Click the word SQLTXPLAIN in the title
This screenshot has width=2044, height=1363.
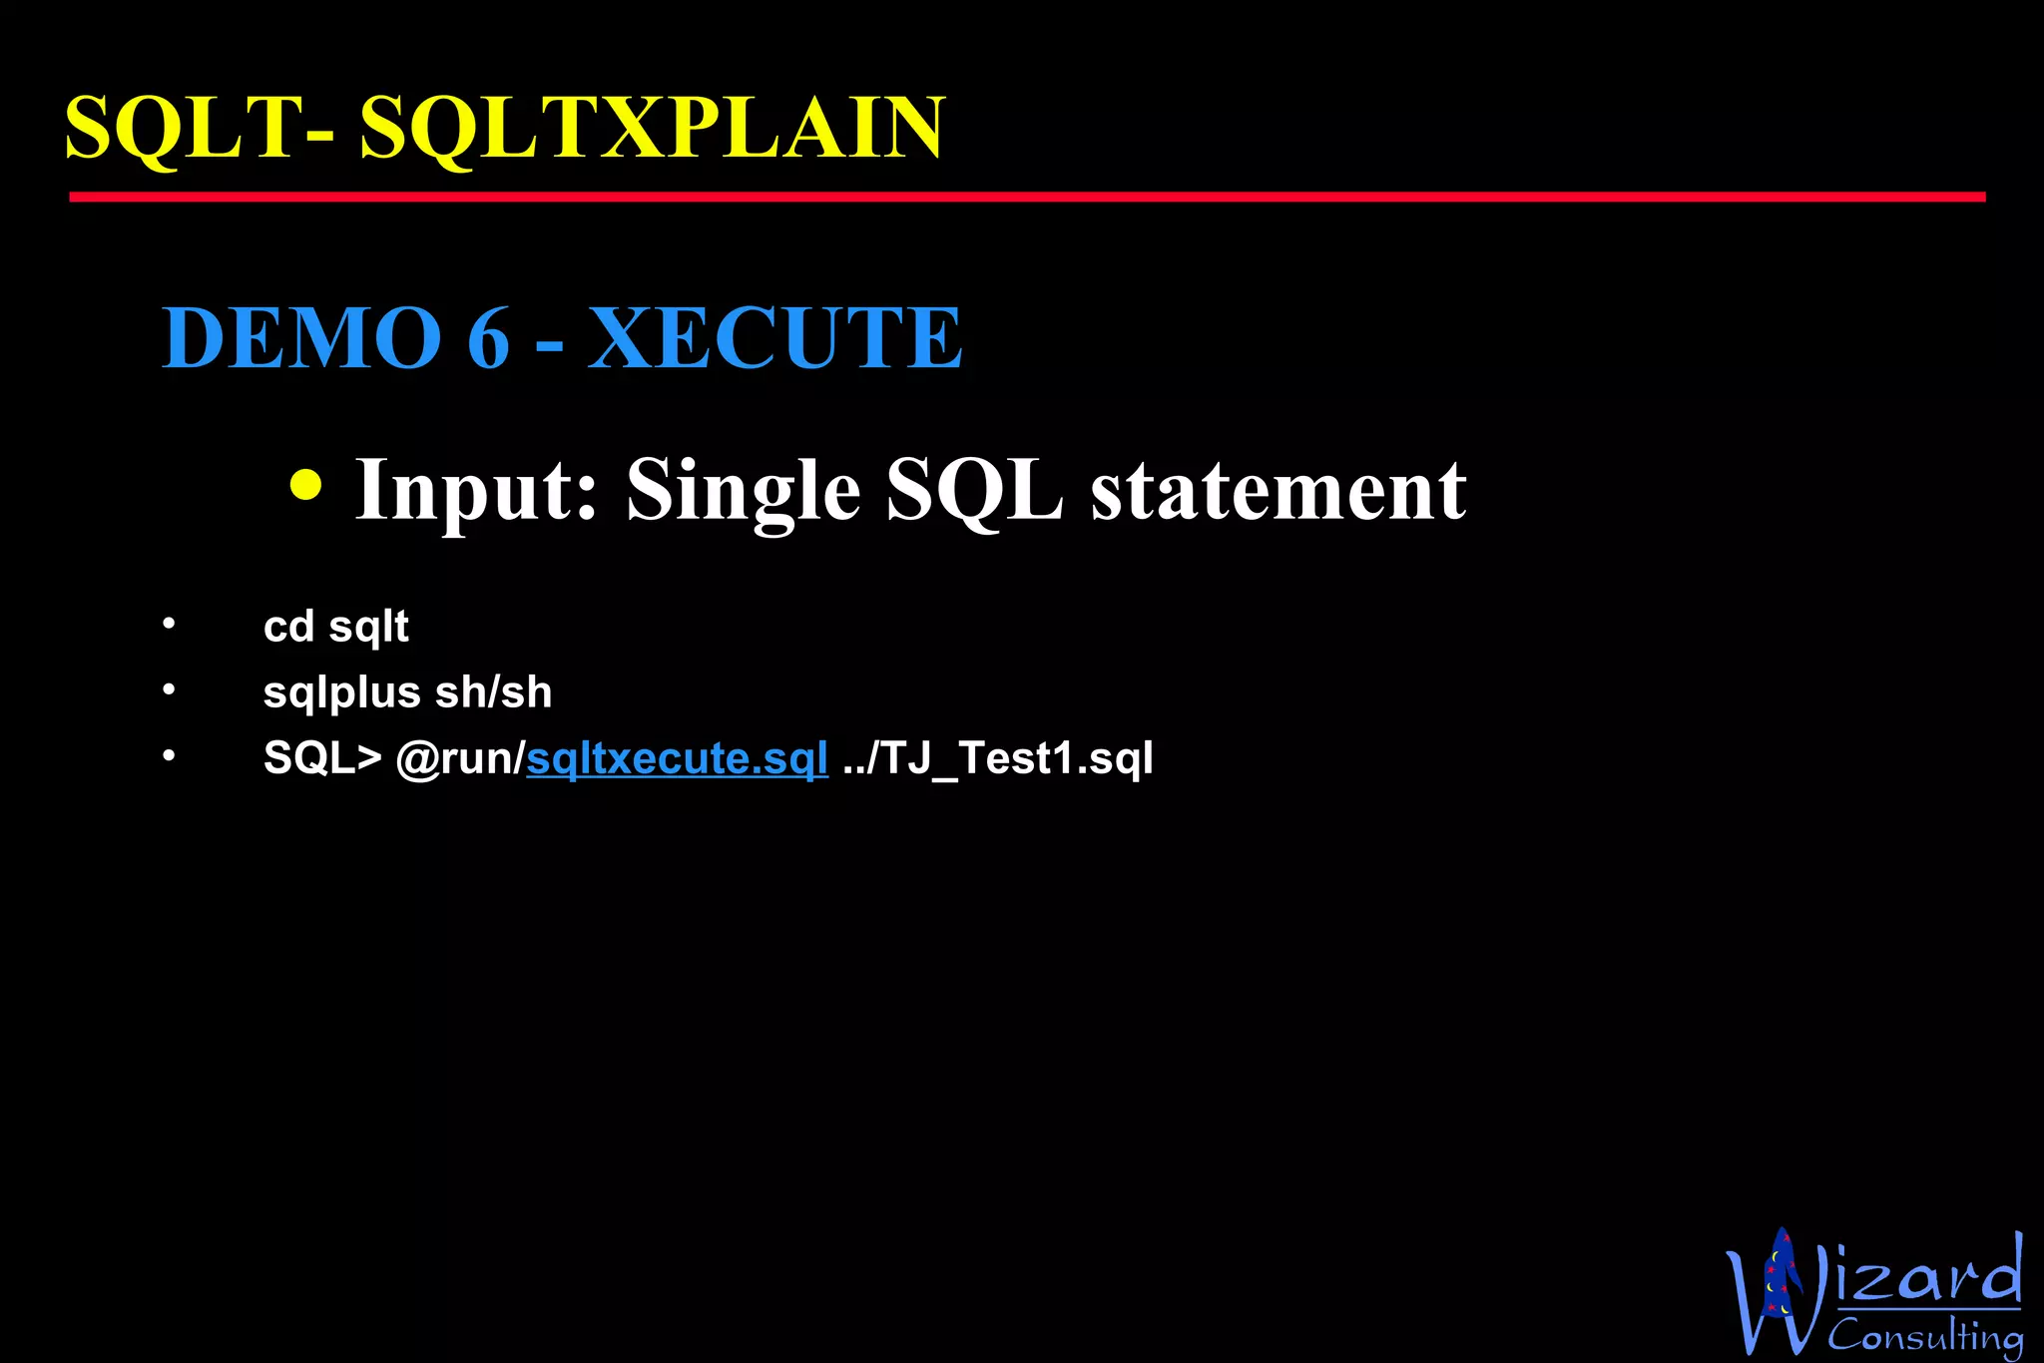652,128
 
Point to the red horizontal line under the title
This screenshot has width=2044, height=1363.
1026,198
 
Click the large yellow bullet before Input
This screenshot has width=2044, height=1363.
305,485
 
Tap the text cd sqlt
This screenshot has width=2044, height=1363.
335,628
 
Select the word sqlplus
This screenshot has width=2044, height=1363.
341,693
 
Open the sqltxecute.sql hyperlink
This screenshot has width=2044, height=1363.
677,758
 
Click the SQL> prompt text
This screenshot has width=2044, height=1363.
322,758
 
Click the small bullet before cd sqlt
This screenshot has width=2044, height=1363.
169,625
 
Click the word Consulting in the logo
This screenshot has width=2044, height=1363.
1924,1335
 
